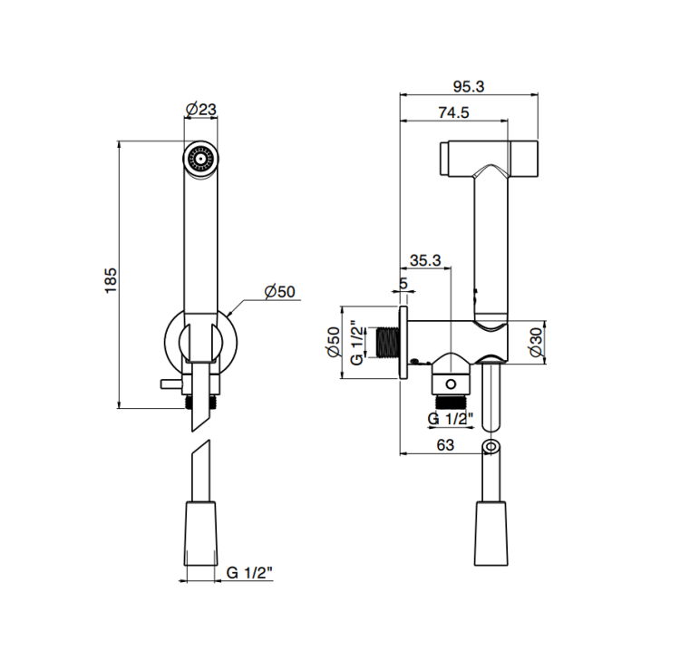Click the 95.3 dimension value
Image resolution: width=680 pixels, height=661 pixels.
tap(469, 86)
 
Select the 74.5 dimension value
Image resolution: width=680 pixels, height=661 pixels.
tap(453, 112)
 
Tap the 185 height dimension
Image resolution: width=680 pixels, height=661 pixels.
tap(111, 280)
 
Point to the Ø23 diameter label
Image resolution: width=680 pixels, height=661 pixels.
tap(200, 109)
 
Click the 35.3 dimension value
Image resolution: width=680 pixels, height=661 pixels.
tap(425, 260)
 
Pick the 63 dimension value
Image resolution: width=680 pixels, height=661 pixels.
tap(445, 445)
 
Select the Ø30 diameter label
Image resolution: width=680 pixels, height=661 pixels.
tap(537, 342)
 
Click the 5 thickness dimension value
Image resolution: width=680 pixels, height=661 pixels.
tap(403, 284)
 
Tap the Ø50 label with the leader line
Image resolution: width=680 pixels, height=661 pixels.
tap(280, 291)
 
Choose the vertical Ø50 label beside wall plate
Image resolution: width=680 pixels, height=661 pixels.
tap(334, 342)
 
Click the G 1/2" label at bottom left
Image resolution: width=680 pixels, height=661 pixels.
tap(249, 572)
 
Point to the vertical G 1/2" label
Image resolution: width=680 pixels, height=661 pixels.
tap(356, 343)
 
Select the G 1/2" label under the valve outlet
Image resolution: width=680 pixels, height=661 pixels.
tap(450, 419)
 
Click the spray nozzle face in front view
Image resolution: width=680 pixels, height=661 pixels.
tap(200, 159)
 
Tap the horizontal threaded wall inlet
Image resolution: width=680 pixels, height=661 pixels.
tap(387, 343)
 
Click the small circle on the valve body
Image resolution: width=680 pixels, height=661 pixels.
tap(451, 384)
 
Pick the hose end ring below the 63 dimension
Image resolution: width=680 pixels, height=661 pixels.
tap(491, 446)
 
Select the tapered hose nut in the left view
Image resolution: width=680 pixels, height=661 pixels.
tap(200, 533)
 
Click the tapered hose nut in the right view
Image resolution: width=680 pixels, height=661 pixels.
tap(491, 533)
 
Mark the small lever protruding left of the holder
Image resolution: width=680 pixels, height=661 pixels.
tap(171, 384)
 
